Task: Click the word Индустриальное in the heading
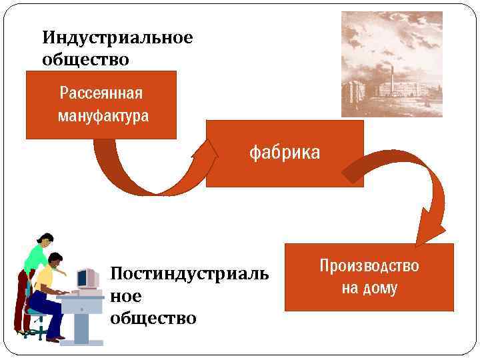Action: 117,37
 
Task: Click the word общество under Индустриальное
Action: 85,59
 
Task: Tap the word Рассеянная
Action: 101,92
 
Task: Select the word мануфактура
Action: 103,116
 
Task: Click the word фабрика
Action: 285,153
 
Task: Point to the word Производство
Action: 369,266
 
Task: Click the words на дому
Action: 369,288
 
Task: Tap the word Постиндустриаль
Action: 189,273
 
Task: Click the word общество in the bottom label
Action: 153,318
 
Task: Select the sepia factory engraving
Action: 391,64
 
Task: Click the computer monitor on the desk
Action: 86,278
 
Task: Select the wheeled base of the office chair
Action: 35,330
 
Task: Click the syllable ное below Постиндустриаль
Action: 126,296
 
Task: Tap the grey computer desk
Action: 83,313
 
